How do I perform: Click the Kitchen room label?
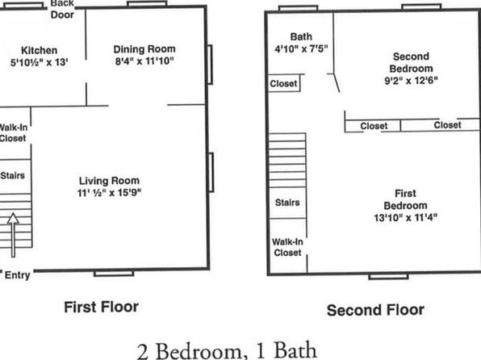tap(39, 50)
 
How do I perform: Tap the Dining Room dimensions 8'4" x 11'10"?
tap(144, 61)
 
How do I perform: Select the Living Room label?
tap(109, 181)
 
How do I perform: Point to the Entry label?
tap(17, 275)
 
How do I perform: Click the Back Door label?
tap(62, 9)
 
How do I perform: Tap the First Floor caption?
tap(101, 307)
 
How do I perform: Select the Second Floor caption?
tap(375, 310)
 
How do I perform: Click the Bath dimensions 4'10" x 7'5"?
tap(301, 48)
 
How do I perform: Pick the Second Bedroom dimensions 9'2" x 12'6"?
tap(411, 81)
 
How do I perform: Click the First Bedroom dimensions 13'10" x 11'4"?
tap(405, 218)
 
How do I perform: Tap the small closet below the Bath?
tap(284, 83)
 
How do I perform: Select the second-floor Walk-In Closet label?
tap(287, 247)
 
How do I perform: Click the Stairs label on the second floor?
tap(287, 203)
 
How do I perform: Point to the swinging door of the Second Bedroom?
tap(337, 83)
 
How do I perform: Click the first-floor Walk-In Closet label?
tap(13, 132)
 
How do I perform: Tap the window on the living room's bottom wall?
tap(114, 273)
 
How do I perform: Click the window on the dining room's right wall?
tap(210, 65)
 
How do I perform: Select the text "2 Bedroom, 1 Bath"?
tap(227, 351)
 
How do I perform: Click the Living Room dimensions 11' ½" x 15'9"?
tap(109, 193)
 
